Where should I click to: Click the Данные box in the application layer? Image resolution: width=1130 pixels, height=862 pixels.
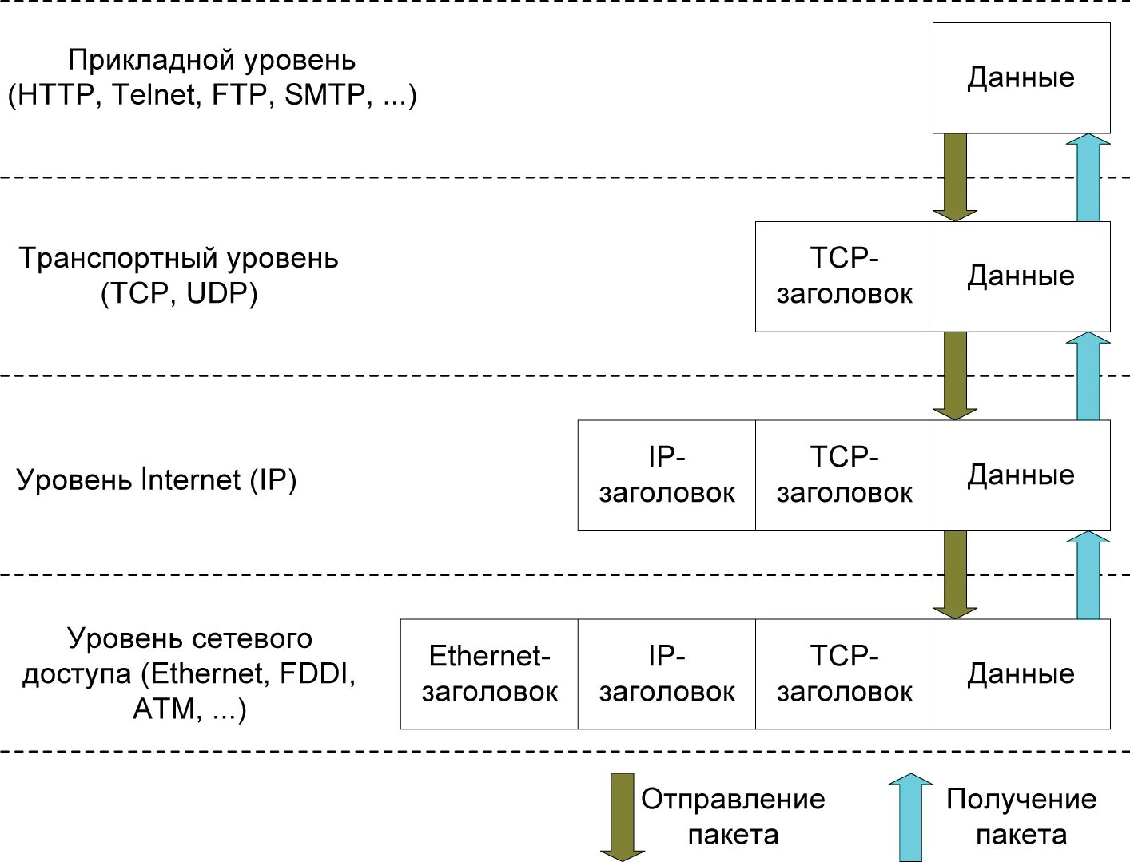click(1021, 77)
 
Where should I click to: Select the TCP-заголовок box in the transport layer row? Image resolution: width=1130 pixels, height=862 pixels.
click(844, 276)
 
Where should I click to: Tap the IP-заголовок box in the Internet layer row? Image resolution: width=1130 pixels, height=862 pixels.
click(666, 475)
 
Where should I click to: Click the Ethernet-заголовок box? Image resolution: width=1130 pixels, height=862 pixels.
click(489, 673)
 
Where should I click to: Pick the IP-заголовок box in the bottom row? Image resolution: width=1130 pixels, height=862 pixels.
click(666, 673)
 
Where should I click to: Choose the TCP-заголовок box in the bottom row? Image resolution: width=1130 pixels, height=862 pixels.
click(844, 673)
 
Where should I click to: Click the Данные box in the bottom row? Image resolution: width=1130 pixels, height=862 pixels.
click(1021, 673)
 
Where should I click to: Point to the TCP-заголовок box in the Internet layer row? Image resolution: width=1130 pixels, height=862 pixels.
click(844, 475)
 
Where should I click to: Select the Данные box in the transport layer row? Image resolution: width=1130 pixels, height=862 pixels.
click(1021, 276)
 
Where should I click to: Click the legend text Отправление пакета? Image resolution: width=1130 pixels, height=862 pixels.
click(733, 816)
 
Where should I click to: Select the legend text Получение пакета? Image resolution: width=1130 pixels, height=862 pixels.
click(1021, 816)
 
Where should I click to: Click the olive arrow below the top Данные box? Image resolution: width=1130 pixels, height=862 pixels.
click(954, 177)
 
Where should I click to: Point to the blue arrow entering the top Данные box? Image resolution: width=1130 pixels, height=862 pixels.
click(1088, 177)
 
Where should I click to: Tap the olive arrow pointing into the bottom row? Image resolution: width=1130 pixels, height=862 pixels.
click(954, 574)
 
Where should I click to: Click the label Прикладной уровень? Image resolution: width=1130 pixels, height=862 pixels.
click(212, 60)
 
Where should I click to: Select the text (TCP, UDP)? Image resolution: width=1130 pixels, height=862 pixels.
click(179, 294)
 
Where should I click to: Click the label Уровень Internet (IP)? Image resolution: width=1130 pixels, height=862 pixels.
click(157, 479)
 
